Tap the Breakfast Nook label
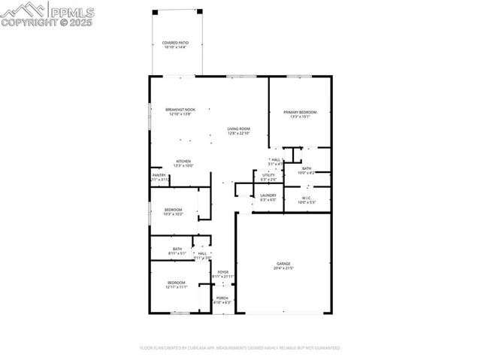point(180,112)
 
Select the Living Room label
point(239,131)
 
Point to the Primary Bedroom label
point(300,114)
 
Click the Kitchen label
point(183,163)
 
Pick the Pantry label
point(159,177)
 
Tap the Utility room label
point(268,177)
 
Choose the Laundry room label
point(268,198)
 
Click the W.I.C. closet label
point(307,200)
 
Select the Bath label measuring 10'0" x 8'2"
point(307,171)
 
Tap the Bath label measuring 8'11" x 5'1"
point(177,251)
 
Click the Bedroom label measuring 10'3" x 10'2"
point(174,212)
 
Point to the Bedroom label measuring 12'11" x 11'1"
point(177,285)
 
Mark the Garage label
point(283,266)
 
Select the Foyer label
point(223,274)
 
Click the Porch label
point(222,300)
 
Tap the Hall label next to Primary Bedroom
point(276,162)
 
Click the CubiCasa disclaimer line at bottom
point(240,348)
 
